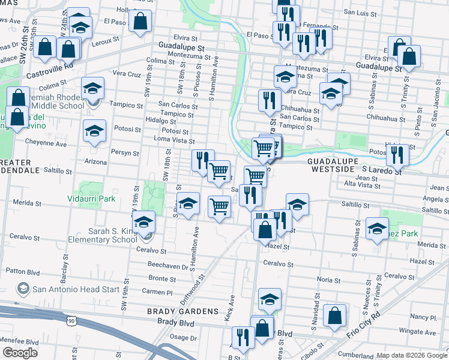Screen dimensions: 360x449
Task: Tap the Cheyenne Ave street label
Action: click(46, 143)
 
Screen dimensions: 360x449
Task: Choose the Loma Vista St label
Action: click(174, 140)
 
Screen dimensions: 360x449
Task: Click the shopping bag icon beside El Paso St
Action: click(140, 22)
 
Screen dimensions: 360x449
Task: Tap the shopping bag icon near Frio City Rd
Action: click(334, 314)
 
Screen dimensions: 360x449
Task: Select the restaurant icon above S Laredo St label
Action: click(397, 154)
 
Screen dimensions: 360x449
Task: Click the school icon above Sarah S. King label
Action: click(144, 223)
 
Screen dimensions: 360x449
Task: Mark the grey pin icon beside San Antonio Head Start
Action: click(23, 289)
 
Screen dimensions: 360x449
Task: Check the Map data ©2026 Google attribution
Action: click(412, 355)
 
